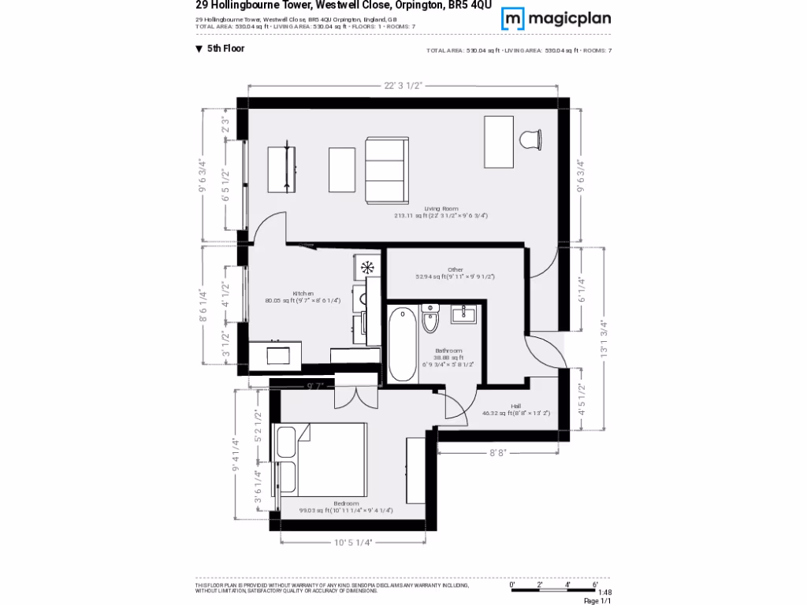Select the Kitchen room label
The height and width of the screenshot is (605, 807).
coord(303,293)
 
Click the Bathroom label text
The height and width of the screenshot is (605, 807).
coord(449,351)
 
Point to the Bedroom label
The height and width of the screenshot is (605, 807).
coord(346,503)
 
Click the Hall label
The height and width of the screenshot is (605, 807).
coord(515,406)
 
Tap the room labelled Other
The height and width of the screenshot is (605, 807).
coord(455,269)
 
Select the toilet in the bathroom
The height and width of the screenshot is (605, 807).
coord(430,320)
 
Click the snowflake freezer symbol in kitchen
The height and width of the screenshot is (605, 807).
coord(367,268)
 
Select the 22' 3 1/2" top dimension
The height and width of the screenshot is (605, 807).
coord(403,85)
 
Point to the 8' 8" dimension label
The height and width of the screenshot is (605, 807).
coord(498,453)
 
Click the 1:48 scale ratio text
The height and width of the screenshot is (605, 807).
coord(604,592)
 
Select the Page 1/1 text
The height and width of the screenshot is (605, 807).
coord(597,600)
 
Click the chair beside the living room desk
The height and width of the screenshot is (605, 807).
coord(531,139)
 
